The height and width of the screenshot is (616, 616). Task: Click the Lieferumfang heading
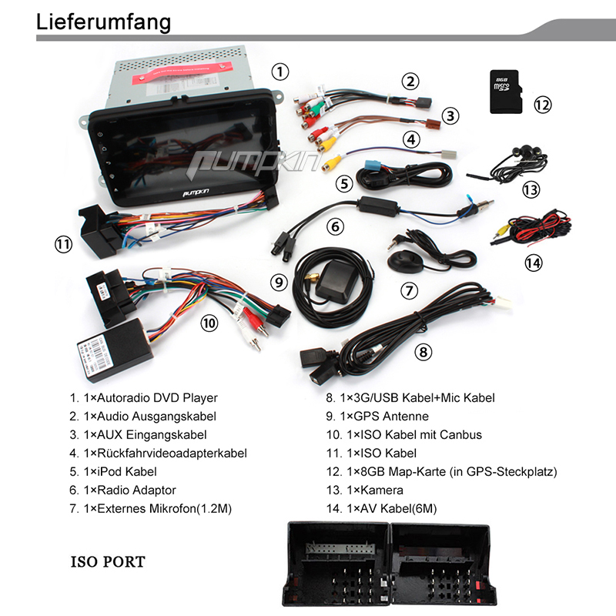104,22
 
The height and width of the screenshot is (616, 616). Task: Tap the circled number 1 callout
281,72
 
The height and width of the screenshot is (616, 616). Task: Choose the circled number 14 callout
533,263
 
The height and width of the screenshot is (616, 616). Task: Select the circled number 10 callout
209,323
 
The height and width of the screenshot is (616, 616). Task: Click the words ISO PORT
108,561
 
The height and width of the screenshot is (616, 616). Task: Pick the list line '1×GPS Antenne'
377,417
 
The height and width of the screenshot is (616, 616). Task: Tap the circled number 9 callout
279,282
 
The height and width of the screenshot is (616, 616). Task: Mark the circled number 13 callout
531,189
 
